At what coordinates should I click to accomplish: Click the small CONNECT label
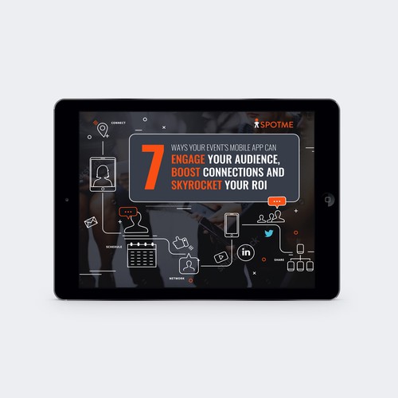pyautogui.click(x=119, y=123)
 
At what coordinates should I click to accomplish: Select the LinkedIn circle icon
pyautogui.click(x=245, y=252)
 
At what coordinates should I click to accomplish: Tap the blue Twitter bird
pyautogui.click(x=268, y=234)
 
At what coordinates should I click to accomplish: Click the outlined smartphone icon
pyautogui.click(x=232, y=224)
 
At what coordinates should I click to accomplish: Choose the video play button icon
pyautogui.click(x=219, y=257)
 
